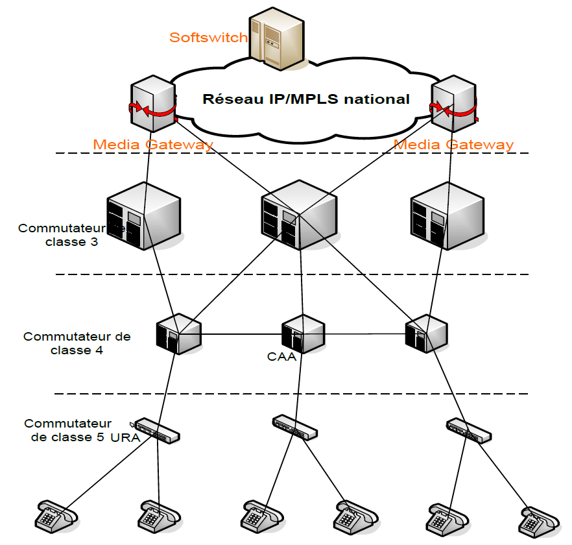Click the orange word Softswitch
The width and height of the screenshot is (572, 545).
click(x=208, y=38)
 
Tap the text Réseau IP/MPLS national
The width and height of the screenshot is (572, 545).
click(x=306, y=99)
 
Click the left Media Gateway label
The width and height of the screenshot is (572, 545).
click(x=153, y=145)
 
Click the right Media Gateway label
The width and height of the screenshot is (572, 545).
click(x=454, y=145)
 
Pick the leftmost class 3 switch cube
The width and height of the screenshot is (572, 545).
click(x=143, y=215)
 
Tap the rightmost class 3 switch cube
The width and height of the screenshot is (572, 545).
click(x=447, y=215)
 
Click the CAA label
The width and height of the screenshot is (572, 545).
click(x=281, y=356)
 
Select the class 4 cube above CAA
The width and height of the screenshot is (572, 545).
click(x=302, y=334)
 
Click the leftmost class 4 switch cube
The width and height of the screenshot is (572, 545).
click(x=178, y=334)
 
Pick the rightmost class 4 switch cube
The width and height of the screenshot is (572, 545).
click(x=426, y=334)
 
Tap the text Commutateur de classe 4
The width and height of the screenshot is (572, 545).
click(x=77, y=343)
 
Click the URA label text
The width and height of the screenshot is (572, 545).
click(x=125, y=437)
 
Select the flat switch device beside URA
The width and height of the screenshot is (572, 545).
click(x=157, y=431)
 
